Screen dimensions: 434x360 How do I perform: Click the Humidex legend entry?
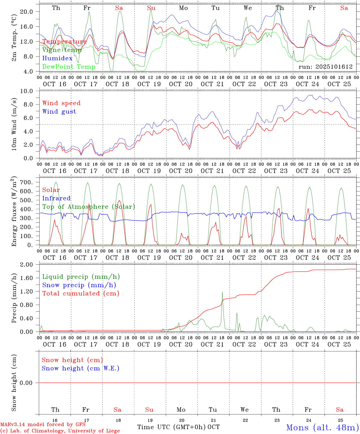pos(57,58)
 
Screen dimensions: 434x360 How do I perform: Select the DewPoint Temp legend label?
pos(69,67)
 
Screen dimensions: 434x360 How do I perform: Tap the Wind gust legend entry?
pos(59,112)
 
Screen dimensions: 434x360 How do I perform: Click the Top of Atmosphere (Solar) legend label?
pos(89,207)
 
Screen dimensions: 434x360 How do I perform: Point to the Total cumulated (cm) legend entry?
pos(81,293)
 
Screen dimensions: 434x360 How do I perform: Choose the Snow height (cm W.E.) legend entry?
pos(81,368)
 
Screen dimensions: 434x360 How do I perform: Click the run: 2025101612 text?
pos(325,67)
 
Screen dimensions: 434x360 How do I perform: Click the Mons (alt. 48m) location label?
pos(322,427)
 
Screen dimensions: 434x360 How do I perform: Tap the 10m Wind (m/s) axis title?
pos(14,124)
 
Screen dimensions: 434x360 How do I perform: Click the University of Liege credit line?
pos(60,431)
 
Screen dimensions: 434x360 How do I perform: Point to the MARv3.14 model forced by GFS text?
pos(43,425)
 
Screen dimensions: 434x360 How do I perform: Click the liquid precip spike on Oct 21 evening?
pos(222,292)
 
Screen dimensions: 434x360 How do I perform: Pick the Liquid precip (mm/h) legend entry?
pos(81,277)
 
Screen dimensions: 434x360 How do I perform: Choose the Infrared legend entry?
pos(56,198)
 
